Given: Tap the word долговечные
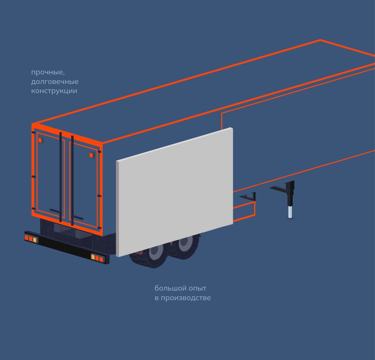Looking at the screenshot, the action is point(55,82).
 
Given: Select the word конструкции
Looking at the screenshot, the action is point(54,91).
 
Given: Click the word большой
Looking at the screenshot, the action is point(169,288).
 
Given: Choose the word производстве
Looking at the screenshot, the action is point(186,298).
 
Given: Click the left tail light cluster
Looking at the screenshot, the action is point(31,239).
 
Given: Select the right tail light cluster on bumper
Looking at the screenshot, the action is point(97,258).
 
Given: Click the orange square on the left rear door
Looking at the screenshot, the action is point(40,141).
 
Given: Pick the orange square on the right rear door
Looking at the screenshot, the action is point(91,155).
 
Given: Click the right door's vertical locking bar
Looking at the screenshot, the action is point(72,181).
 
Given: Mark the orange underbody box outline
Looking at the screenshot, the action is point(245,210).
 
